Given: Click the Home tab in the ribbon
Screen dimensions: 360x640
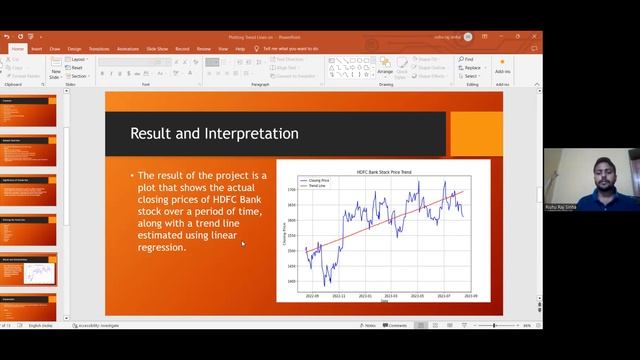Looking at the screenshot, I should pyautogui.click(x=17, y=48).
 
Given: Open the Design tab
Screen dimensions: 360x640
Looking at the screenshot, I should pyautogui.click(x=75, y=48).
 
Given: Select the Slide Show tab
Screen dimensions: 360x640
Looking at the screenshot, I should pyautogui.click(x=157, y=48).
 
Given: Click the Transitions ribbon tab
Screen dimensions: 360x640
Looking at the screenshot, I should pyautogui.click(x=99, y=48).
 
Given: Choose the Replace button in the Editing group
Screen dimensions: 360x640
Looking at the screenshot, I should pyautogui.click(x=472, y=68).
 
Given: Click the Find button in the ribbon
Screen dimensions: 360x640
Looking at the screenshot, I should pyautogui.click(x=468, y=59).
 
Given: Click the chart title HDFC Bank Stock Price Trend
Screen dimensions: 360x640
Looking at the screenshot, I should pyautogui.click(x=384, y=172).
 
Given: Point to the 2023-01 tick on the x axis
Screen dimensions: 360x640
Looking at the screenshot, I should pyautogui.click(x=365, y=296).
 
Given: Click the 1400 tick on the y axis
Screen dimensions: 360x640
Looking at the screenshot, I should pyautogui.click(x=291, y=281).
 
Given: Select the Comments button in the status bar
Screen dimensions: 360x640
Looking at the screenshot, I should pyautogui.click(x=396, y=325).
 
